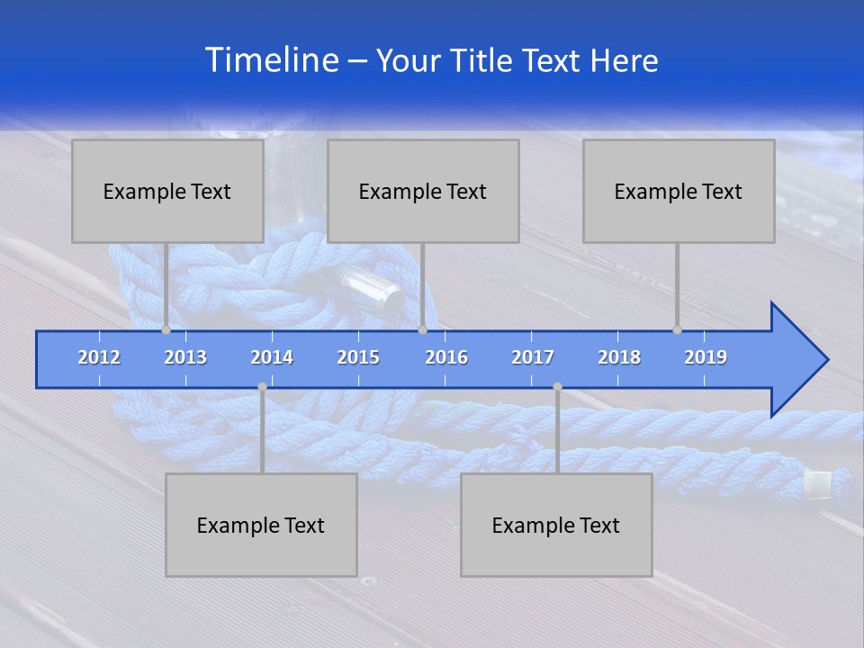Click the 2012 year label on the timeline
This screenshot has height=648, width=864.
point(99,357)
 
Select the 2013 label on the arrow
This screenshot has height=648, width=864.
point(185,357)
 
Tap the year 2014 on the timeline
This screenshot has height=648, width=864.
point(272,357)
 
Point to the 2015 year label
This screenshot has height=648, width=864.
point(358,357)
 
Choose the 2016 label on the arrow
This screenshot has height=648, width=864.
point(446,357)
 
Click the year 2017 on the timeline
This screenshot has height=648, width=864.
point(533,357)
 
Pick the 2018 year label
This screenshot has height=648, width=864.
point(619,357)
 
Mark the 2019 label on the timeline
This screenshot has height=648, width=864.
point(706,357)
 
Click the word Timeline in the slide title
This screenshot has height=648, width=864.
point(270,60)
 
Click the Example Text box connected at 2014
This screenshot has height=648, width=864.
point(261,525)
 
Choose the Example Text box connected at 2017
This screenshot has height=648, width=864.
point(556,525)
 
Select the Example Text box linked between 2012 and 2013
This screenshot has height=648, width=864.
point(167,191)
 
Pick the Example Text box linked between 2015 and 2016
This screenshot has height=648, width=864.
point(423,191)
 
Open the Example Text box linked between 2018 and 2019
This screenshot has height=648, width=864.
point(679,191)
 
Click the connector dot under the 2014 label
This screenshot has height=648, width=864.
point(262,387)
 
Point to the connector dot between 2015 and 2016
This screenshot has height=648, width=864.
point(423,330)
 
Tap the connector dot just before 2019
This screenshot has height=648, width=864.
point(678,330)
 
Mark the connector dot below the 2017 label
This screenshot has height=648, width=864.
point(557,387)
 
